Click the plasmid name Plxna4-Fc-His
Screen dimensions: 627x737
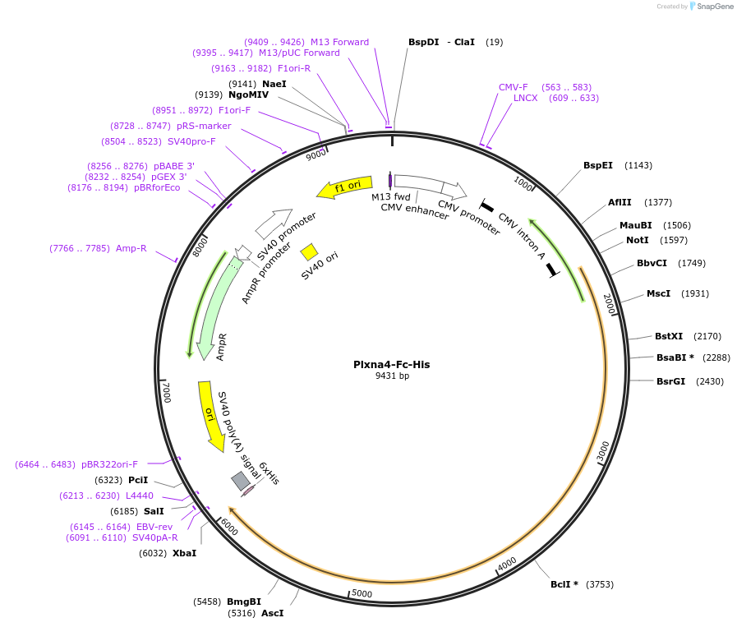coord(391,364)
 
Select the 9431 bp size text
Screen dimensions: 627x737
coord(392,376)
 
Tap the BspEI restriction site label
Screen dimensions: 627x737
coord(598,165)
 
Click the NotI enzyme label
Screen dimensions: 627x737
coord(637,240)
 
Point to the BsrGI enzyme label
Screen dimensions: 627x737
coord(670,381)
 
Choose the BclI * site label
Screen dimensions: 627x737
coord(564,584)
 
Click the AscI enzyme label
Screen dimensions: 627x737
coord(273,613)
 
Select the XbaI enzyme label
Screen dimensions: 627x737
coord(184,553)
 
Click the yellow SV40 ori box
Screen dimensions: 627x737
coord(310,251)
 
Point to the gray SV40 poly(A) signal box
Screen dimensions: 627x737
coord(241,481)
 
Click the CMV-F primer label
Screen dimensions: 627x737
coord(514,87)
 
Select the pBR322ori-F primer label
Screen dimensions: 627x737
coord(109,464)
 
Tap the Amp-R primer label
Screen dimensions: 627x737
coord(131,248)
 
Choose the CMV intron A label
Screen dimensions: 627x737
coord(523,236)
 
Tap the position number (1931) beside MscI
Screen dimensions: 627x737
coord(689,293)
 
